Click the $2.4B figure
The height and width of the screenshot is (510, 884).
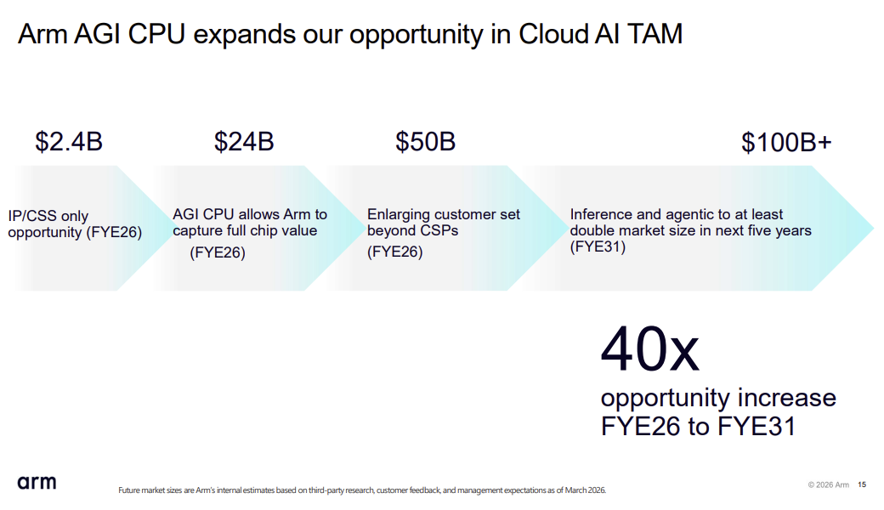pyautogui.click(x=69, y=141)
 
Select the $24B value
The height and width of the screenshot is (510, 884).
pyautogui.click(x=244, y=141)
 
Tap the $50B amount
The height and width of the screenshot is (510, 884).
pyautogui.click(x=425, y=141)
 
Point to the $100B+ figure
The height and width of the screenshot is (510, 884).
pyautogui.click(x=786, y=143)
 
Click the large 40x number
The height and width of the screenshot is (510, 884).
pyautogui.click(x=650, y=349)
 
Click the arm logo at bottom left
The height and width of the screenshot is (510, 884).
pyautogui.click(x=37, y=483)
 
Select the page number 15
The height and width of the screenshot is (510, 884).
pyautogui.click(x=862, y=484)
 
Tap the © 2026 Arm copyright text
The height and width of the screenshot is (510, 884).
pyautogui.click(x=828, y=484)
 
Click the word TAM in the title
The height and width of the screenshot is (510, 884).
pyautogui.click(x=654, y=34)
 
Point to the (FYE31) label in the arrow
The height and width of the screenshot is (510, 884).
pyautogui.click(x=598, y=246)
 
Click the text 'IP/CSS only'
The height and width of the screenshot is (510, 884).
pyautogui.click(x=48, y=216)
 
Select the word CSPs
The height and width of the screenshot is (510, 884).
pyautogui.click(x=436, y=230)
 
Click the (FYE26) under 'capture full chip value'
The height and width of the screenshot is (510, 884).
pyautogui.click(x=218, y=252)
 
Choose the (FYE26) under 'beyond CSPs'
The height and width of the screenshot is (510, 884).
pyautogui.click(x=394, y=252)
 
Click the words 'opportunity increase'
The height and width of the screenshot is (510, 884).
pyautogui.click(x=718, y=399)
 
